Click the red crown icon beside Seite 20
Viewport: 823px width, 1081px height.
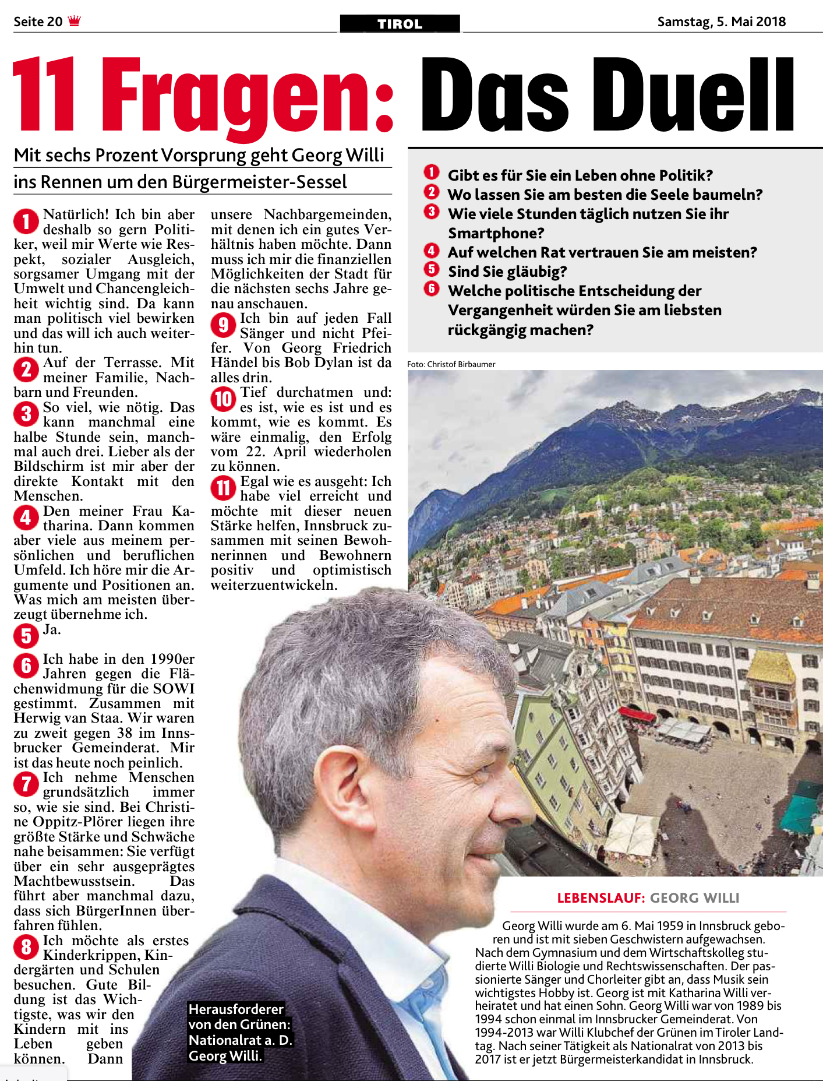pos(74,22)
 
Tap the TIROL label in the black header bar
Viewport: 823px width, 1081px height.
pos(400,24)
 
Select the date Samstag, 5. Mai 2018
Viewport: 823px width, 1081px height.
pos(721,22)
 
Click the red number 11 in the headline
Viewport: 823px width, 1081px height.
pos(44,94)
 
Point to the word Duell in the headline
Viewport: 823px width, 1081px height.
pos(693,94)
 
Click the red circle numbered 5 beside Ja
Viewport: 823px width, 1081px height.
pos(26,636)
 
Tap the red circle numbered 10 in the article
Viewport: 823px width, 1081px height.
pos(223,399)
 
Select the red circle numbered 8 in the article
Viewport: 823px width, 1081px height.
pos(26,947)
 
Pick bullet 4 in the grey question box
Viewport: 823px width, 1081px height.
pos(431,251)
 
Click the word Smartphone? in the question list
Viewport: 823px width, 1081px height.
pos(496,233)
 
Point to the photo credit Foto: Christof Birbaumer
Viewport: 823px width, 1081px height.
pos(451,364)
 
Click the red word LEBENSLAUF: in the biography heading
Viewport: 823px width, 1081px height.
pos(601,898)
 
